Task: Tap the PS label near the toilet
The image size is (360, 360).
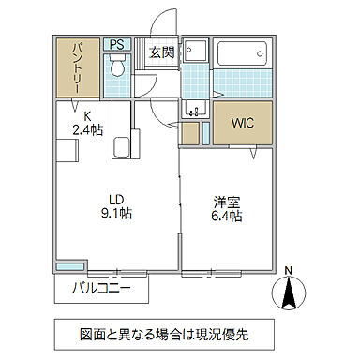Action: point(118,44)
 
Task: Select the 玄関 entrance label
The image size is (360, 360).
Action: point(161,52)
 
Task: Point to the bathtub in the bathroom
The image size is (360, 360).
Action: point(243,52)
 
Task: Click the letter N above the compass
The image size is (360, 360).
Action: point(289,272)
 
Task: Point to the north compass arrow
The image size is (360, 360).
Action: point(289,294)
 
